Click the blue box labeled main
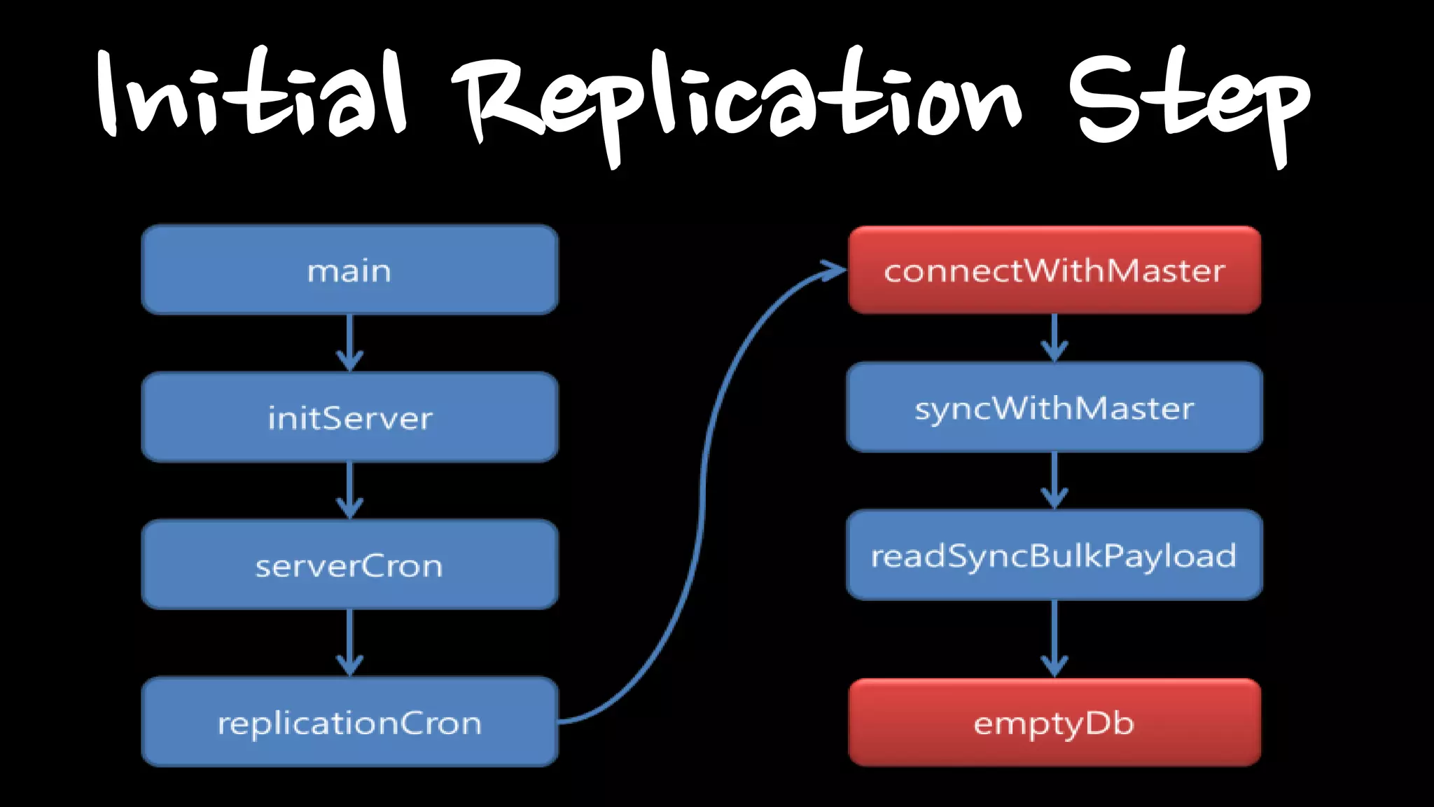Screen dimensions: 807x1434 click(349, 270)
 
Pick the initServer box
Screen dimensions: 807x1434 click(349, 418)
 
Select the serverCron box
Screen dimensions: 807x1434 click(349, 565)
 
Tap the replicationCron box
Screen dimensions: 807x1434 click(349, 722)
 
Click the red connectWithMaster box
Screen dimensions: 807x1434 click(1054, 270)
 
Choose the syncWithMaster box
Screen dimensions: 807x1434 click(1054, 407)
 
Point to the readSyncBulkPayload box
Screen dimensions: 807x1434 click(1054, 555)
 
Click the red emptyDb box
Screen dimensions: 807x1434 click(1054, 722)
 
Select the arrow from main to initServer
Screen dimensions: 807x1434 click(349, 343)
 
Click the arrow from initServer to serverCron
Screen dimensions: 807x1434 click(349, 490)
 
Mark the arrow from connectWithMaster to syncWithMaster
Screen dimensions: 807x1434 click(1054, 338)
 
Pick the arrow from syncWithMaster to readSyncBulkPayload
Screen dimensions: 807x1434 click(1054, 481)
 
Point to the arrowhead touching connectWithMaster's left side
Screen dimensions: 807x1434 click(835, 270)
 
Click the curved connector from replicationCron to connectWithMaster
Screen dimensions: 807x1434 click(702, 490)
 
